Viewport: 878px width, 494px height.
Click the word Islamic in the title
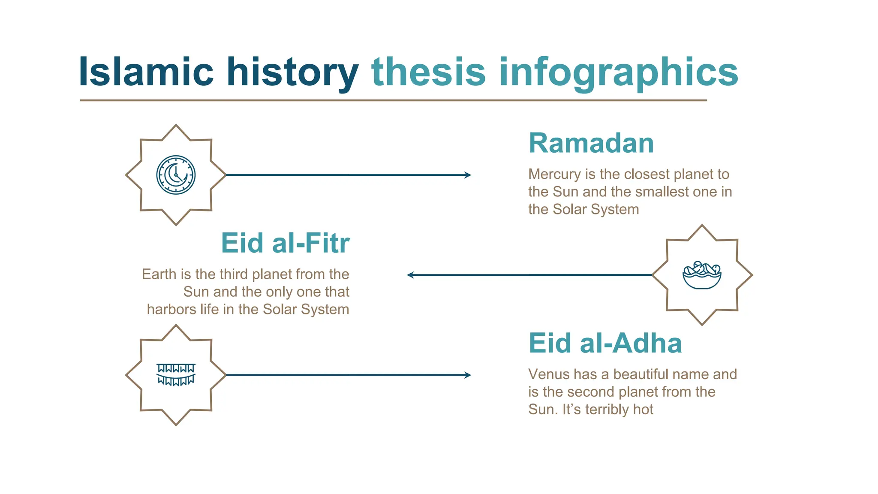tap(146, 72)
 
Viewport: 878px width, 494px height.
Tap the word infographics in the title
tap(618, 72)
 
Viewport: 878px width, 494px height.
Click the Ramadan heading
tap(591, 143)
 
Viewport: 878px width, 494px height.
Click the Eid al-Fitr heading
tap(285, 243)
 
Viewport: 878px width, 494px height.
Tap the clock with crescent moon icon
tap(176, 175)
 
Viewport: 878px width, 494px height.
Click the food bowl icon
tap(702, 275)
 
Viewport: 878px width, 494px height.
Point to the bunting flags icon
tap(176, 375)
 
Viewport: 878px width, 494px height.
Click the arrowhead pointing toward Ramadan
tap(468, 175)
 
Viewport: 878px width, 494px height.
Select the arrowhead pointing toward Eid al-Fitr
tap(410, 275)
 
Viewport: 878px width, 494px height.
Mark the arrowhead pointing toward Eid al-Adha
tap(468, 375)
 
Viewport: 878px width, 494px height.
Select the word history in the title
tap(292, 72)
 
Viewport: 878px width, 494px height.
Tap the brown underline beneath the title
tap(393, 100)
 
